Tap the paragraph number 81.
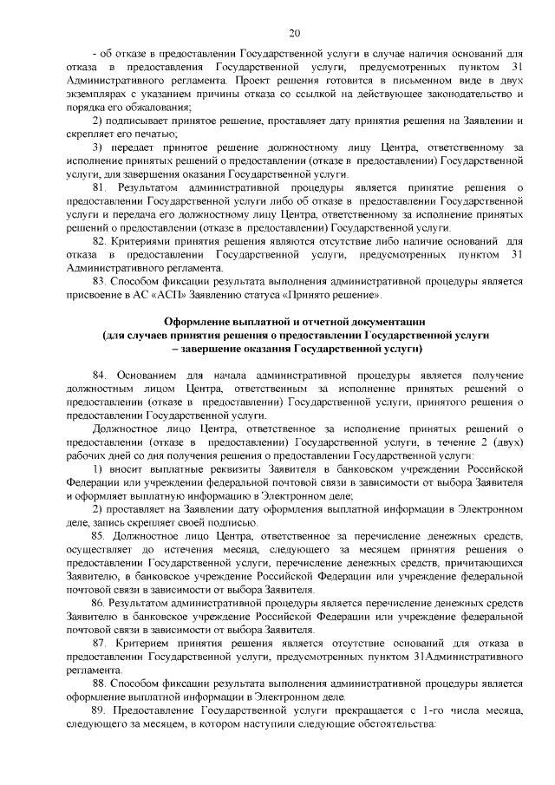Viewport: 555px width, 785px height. (99, 187)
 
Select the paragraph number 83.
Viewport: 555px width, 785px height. (99, 279)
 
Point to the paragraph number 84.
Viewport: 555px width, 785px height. (99, 374)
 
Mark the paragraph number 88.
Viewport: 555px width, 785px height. (99, 683)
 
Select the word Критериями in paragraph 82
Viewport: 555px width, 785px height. (140, 239)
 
